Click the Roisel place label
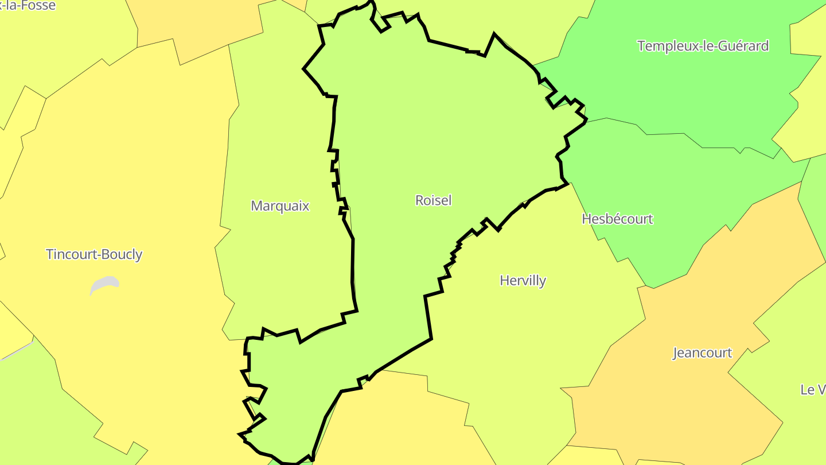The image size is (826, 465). tap(434, 200)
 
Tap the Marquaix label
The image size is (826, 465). tap(280, 206)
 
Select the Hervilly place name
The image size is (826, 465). tap(523, 280)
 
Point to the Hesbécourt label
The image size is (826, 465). tap(617, 219)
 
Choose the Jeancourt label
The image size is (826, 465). tap(702, 352)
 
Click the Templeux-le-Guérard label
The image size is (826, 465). tap(703, 46)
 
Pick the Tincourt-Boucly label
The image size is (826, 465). tap(94, 254)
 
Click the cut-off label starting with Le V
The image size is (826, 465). tap(813, 389)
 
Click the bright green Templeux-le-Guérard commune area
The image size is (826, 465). tap(677, 92)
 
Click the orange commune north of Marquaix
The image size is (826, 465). tap(195, 23)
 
